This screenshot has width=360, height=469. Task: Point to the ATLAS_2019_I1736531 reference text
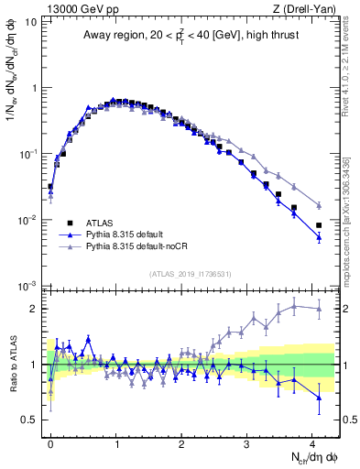[x=191, y=273]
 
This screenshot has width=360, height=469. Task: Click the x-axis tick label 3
[x=246, y=442]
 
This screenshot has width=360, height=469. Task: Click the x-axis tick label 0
[x=50, y=442]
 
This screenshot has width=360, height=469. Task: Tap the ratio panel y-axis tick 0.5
[x=31, y=420]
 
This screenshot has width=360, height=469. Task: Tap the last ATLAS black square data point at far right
[x=319, y=225]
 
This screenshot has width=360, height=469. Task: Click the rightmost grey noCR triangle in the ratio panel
[x=319, y=309]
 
